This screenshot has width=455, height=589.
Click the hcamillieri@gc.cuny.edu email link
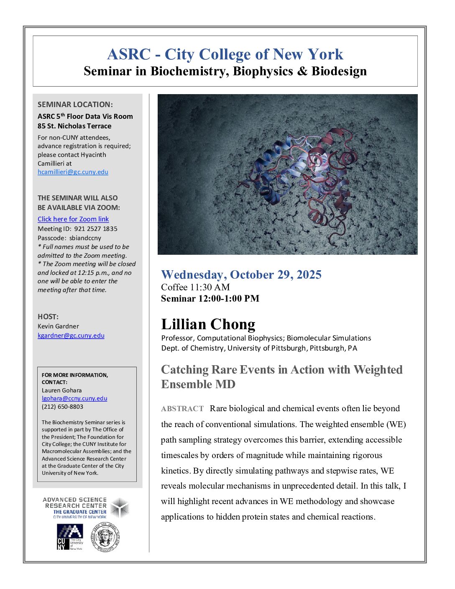click(73, 172)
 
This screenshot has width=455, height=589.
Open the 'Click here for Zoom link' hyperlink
click(73, 219)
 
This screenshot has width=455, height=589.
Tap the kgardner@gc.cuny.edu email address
click(71, 335)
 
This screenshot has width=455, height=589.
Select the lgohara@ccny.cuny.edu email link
click(74, 399)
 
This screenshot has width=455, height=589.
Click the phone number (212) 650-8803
click(62, 407)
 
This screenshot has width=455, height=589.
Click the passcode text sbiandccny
click(85, 238)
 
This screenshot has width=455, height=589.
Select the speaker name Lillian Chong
click(208, 324)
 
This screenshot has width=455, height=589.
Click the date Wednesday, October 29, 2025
click(241, 274)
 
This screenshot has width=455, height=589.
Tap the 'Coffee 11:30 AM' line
click(195, 287)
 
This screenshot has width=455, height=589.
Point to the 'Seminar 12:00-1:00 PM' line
click(210, 298)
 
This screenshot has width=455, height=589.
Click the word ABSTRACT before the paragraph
click(182, 409)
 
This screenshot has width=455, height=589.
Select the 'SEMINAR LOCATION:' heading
click(75, 105)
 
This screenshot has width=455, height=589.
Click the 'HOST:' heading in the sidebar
click(48, 317)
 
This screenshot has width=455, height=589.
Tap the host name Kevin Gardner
click(58, 326)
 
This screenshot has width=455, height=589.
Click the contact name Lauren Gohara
click(62, 390)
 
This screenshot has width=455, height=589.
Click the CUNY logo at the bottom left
click(69, 537)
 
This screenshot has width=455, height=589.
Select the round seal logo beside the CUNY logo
click(105, 537)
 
